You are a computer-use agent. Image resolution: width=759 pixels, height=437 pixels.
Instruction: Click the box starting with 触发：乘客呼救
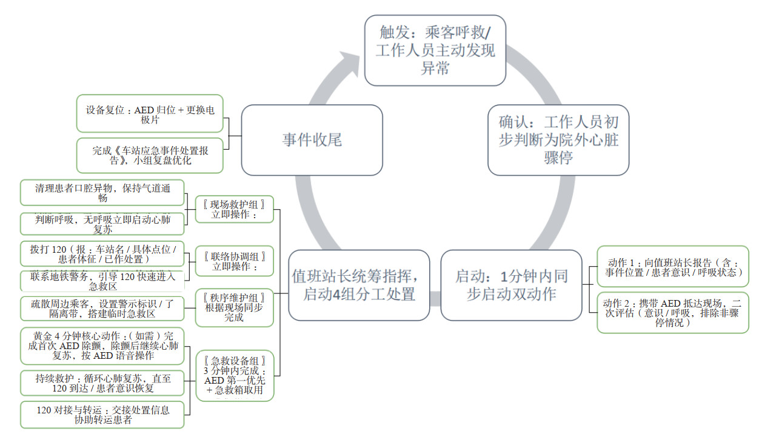(x=435, y=50)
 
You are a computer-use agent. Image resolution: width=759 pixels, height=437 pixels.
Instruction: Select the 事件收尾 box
(x=312, y=140)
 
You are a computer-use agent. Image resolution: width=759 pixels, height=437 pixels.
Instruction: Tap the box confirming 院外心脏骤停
(x=558, y=140)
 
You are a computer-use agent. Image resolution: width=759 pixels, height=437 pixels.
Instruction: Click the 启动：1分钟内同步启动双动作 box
(x=511, y=285)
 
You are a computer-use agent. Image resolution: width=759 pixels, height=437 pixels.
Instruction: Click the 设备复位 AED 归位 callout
(x=149, y=113)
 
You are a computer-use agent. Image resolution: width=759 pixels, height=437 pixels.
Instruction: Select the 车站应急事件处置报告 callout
(x=149, y=156)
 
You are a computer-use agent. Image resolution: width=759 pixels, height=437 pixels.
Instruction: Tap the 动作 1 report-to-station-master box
(x=672, y=267)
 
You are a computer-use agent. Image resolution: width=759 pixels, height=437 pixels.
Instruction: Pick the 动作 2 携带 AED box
(x=672, y=313)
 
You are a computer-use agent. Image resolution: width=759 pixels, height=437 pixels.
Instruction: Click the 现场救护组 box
(x=234, y=209)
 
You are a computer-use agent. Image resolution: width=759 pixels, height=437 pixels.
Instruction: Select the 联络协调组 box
(x=234, y=261)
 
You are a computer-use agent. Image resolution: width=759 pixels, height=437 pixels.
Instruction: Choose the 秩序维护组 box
(x=234, y=307)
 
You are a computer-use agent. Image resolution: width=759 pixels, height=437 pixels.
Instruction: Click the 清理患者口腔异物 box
(x=102, y=193)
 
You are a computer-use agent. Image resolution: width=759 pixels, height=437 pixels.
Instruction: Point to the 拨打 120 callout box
(x=102, y=253)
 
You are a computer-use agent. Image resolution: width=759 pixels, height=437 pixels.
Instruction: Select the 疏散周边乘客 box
(x=102, y=308)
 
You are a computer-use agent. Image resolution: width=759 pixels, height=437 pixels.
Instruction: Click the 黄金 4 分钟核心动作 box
(x=102, y=345)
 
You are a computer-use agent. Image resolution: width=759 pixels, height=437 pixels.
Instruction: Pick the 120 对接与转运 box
(x=102, y=415)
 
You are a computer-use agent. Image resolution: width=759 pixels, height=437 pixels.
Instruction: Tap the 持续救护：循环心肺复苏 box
(x=102, y=383)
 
